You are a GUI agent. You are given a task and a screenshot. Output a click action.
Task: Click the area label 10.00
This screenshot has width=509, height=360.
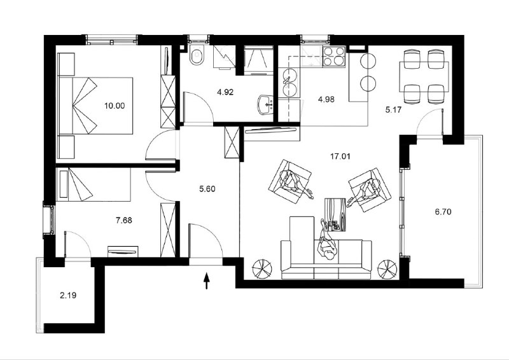(x=115, y=106)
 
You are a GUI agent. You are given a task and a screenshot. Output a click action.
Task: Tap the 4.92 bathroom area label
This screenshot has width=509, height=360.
(x=225, y=92)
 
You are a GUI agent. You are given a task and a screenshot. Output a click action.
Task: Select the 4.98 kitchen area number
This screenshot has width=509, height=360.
(x=326, y=99)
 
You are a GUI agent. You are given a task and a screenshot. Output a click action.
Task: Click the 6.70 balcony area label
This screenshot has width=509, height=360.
(x=443, y=212)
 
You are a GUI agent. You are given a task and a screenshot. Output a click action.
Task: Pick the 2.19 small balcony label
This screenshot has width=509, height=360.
(x=68, y=295)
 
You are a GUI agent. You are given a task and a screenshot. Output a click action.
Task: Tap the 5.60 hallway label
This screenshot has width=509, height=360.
(x=207, y=189)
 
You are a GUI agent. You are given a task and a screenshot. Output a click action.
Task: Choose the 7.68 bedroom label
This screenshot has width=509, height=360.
(x=124, y=221)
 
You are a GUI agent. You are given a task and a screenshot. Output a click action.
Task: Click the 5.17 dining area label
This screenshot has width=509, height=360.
(x=393, y=110)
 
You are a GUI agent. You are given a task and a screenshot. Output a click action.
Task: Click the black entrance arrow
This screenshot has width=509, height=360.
(x=206, y=280)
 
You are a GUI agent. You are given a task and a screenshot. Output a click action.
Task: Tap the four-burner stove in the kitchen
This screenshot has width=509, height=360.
(x=333, y=57)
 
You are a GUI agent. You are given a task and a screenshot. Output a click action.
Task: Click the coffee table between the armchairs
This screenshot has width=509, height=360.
(x=336, y=214)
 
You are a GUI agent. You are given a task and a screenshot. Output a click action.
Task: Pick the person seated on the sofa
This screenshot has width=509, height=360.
(x=326, y=242)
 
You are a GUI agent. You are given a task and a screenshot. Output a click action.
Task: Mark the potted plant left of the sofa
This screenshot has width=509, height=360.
(x=262, y=269)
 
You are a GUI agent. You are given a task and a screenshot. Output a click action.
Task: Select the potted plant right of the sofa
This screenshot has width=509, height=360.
(x=387, y=269)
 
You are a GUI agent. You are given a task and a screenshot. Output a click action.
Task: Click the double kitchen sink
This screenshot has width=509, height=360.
(x=289, y=83)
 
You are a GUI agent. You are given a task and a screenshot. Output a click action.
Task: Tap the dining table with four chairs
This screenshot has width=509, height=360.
(x=424, y=76)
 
